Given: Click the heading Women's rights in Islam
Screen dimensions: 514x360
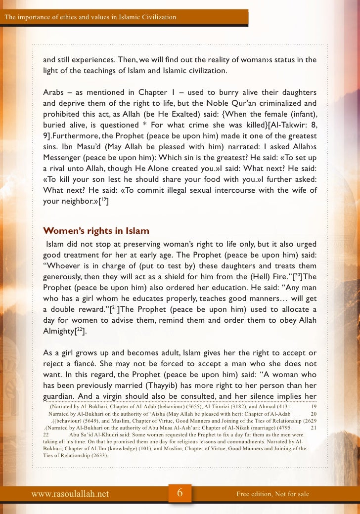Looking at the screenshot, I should [x=96, y=231].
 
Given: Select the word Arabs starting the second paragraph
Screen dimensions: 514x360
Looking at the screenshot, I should [x=54, y=93].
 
